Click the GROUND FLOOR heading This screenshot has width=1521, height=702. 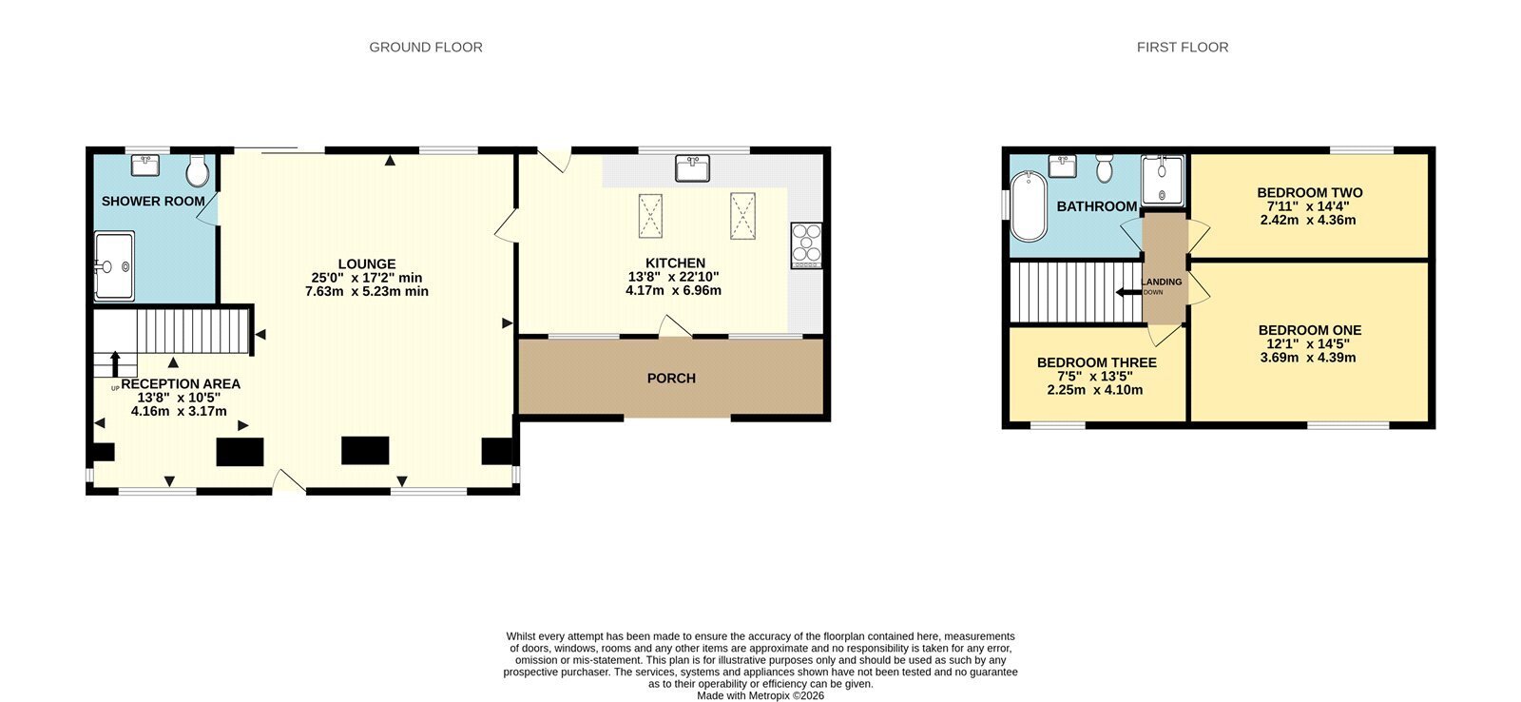426,47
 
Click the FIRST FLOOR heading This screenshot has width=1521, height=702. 1183,47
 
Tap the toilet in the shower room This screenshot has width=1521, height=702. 198,170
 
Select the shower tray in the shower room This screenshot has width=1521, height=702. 114,266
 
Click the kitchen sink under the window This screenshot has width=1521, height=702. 692,167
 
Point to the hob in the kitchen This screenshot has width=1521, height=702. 806,244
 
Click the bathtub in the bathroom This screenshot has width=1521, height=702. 1028,205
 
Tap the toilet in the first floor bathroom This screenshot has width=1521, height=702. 1105,168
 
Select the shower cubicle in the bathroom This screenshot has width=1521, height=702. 1163,180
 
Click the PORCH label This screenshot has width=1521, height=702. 671,379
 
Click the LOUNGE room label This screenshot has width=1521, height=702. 367,263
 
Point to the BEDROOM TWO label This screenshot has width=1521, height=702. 1310,192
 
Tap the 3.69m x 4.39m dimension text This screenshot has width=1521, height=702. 1308,358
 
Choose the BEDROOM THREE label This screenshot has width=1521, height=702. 1097,362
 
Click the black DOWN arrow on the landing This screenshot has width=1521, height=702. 1129,292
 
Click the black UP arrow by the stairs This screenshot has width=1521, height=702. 115,364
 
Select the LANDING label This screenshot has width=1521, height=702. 1162,282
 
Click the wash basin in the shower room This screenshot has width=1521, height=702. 144,166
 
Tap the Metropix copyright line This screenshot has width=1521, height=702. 760,696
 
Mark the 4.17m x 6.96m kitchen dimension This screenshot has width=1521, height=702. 673,290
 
